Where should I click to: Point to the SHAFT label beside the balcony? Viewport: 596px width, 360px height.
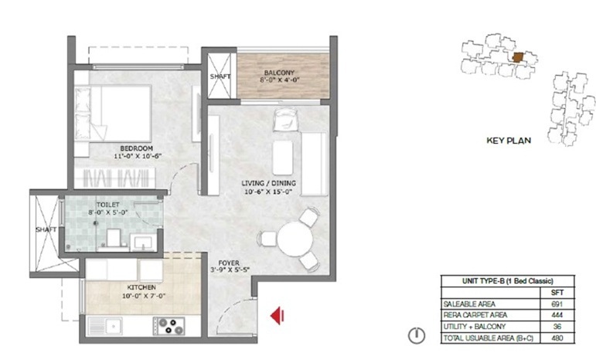coord(220,76)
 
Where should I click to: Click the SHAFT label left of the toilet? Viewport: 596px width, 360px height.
coord(45,229)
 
